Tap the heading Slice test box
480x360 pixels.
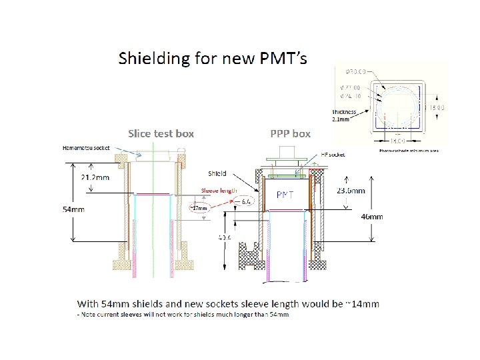[x=161, y=133]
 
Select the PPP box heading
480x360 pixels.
[x=290, y=133]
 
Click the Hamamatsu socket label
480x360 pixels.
[x=87, y=147]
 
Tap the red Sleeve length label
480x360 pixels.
[x=219, y=190]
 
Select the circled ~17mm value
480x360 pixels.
[x=199, y=207]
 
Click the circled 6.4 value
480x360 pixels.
[x=245, y=201]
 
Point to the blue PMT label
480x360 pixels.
[x=286, y=194]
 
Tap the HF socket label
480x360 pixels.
[x=333, y=154]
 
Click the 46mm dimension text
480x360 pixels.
[x=371, y=217]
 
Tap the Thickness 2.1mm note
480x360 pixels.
[x=344, y=115]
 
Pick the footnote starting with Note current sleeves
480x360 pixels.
[x=183, y=315]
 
